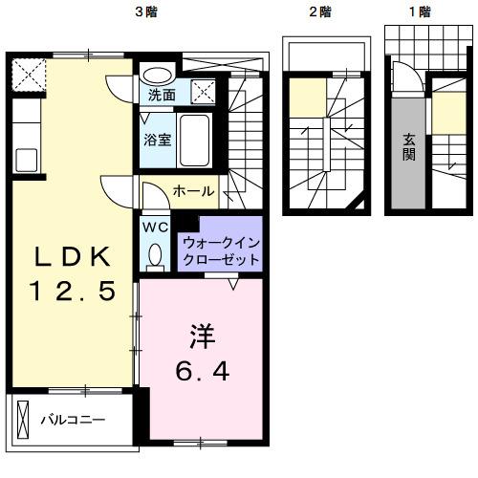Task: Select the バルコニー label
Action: (x=72, y=420)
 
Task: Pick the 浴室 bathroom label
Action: (x=158, y=139)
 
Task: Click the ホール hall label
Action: (x=193, y=192)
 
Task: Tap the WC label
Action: (x=155, y=227)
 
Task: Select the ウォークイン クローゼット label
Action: (x=220, y=250)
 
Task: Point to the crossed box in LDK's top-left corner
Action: (x=28, y=72)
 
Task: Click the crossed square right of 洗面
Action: (x=203, y=93)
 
